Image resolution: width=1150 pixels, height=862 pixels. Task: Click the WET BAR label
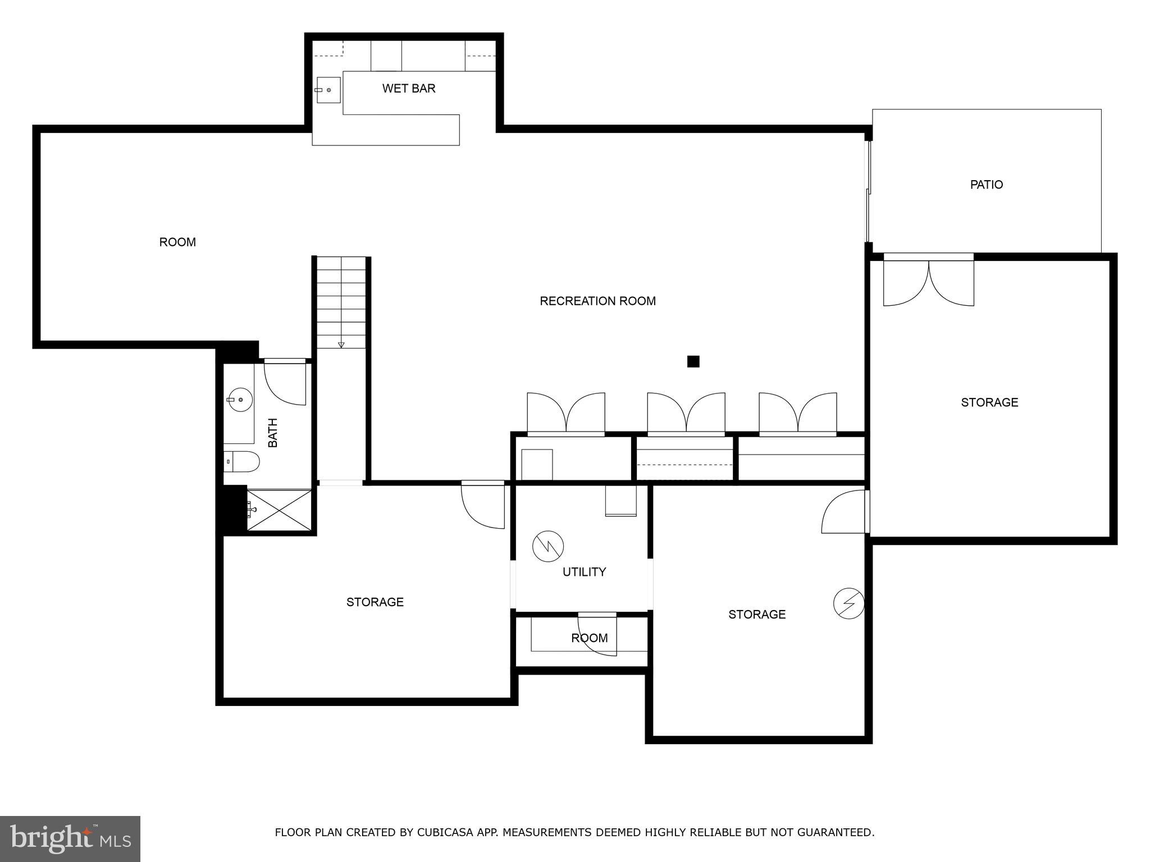pos(409,89)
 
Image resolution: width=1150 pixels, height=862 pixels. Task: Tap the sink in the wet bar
pos(328,90)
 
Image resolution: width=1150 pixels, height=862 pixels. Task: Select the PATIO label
pos(986,185)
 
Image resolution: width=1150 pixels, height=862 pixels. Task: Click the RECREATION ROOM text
pos(597,301)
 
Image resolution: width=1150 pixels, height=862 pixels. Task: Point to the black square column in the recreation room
pos(693,361)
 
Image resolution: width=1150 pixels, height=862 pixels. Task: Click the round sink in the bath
pos(240,400)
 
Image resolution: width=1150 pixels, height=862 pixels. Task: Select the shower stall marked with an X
pos(279,510)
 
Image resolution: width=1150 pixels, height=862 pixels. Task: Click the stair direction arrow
pos(341,345)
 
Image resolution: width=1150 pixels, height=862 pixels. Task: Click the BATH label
pos(273,433)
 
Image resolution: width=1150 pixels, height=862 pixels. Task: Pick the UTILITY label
pos(584,572)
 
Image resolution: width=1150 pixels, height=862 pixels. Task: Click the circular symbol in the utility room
pos(548,546)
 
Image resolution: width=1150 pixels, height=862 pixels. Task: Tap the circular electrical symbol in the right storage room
pos(848,603)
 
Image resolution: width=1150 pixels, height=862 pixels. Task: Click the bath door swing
pos(285,384)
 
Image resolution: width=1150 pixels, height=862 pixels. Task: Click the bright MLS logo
pos(70,838)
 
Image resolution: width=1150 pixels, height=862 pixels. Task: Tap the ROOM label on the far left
pos(177,242)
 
